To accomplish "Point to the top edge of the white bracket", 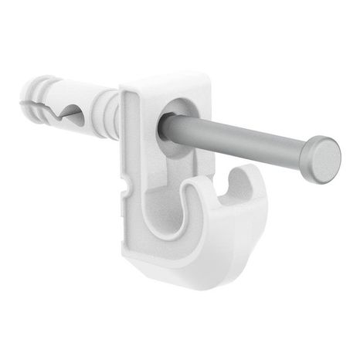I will (166, 77).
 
